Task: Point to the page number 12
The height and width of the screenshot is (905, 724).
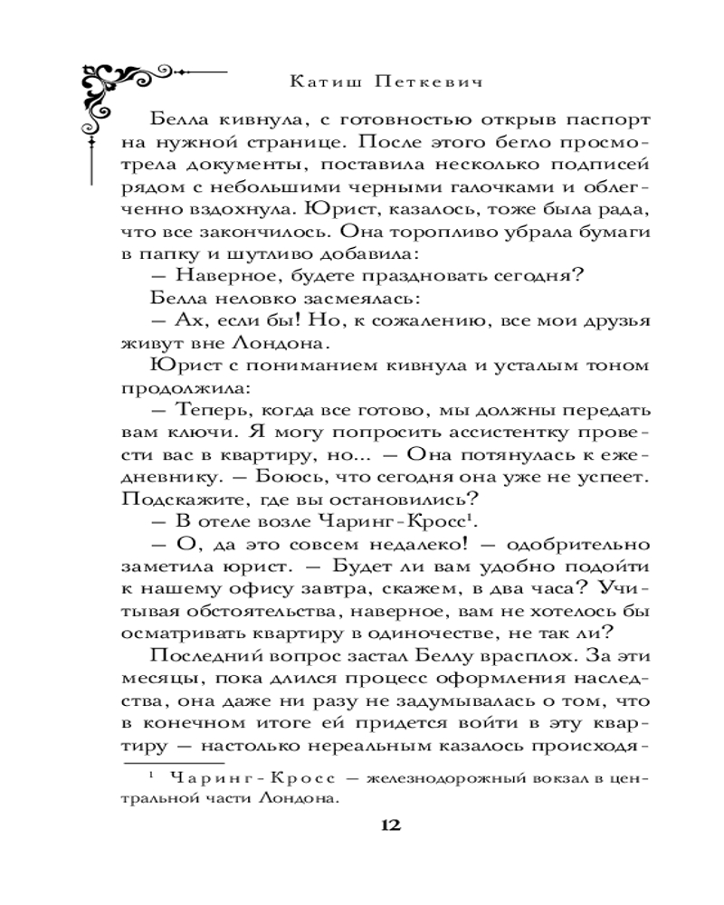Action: pos(391,824)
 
